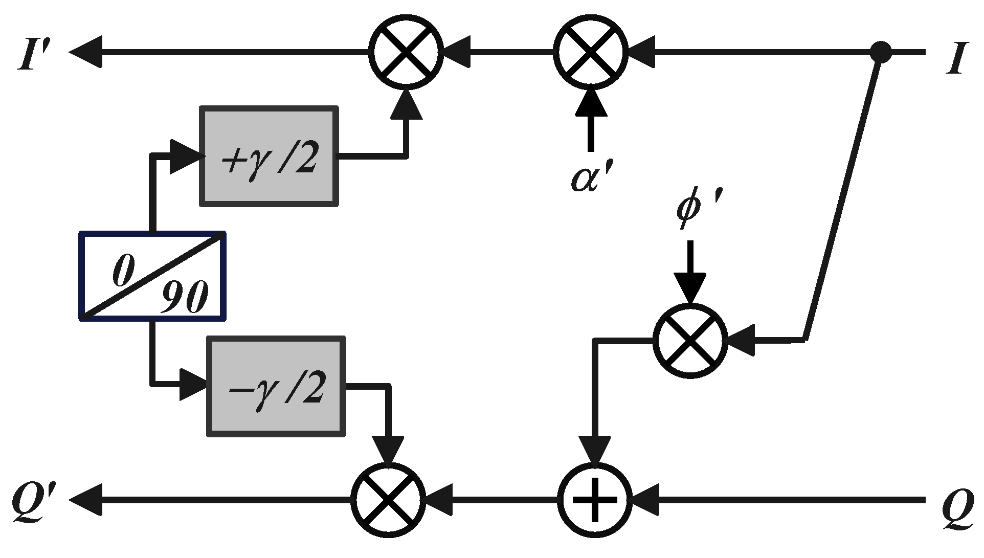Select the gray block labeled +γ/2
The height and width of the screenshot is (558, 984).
[269, 156]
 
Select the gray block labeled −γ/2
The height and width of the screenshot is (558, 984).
[276, 387]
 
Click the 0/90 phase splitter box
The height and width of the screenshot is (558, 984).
[152, 276]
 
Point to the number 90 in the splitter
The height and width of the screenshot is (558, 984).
[184, 298]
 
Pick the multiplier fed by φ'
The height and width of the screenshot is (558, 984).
[690, 340]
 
